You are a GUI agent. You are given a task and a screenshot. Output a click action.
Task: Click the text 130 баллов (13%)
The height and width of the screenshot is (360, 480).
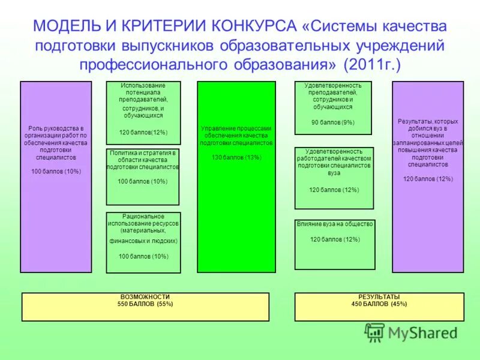click(236, 157)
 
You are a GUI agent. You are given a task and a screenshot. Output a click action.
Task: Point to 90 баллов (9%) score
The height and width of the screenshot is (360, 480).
click(333, 122)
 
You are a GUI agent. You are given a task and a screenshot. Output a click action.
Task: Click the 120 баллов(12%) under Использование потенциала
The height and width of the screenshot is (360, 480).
click(143, 132)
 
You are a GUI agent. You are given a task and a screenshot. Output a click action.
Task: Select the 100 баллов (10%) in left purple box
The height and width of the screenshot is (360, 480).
click(56, 172)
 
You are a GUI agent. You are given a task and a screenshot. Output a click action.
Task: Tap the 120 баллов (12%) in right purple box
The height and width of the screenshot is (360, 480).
click(428, 179)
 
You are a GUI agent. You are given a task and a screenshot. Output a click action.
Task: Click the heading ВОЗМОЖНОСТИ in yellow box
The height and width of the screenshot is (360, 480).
click(145, 297)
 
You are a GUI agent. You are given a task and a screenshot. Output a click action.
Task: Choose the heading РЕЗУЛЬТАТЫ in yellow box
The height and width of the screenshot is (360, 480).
click(379, 297)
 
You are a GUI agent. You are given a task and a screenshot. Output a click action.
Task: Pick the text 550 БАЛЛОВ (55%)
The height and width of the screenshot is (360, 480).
click(145, 304)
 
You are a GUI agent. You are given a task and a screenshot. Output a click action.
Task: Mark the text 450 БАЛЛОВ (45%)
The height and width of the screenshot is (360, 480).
click(379, 304)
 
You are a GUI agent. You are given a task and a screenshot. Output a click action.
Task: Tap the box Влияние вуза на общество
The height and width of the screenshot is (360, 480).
click(335, 244)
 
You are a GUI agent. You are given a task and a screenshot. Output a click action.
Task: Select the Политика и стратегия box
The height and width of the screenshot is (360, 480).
click(143, 177)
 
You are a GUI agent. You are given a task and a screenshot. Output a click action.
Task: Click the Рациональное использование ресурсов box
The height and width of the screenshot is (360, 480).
click(143, 242)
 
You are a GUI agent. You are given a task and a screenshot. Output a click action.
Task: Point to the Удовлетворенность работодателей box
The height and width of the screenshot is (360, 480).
click(334, 178)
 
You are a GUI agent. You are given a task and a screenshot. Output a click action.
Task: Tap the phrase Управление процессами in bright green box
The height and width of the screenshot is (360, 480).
click(236, 128)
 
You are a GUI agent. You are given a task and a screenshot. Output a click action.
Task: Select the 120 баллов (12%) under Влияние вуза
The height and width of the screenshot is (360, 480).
click(335, 239)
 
